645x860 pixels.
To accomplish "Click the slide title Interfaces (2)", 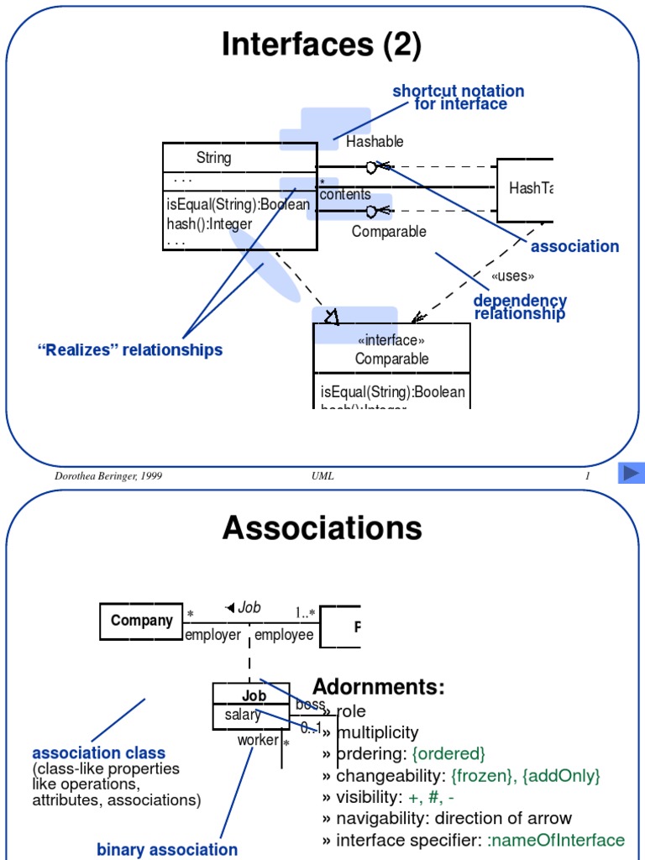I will (322, 45).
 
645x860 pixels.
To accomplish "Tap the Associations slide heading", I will (322, 528).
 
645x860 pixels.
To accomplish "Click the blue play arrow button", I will (631, 474).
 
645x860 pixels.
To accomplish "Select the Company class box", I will (141, 621).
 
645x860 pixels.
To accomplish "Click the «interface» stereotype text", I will (391, 340).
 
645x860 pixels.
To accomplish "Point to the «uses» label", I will (512, 275).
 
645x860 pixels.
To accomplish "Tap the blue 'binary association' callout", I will (167, 849).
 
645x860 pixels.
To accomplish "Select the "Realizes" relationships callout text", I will (130, 349).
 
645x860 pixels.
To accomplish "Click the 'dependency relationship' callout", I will (520, 307).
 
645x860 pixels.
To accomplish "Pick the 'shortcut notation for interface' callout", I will (459, 97).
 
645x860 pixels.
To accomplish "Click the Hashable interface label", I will (375, 141).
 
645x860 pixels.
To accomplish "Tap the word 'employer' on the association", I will (212, 635).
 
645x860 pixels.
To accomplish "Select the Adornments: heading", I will (379, 687).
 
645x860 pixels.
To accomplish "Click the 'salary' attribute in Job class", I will (242, 715).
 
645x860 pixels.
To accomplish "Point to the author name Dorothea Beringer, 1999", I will (108, 476).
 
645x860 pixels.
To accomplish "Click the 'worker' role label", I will (258, 740).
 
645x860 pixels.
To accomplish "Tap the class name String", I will (213, 157).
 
